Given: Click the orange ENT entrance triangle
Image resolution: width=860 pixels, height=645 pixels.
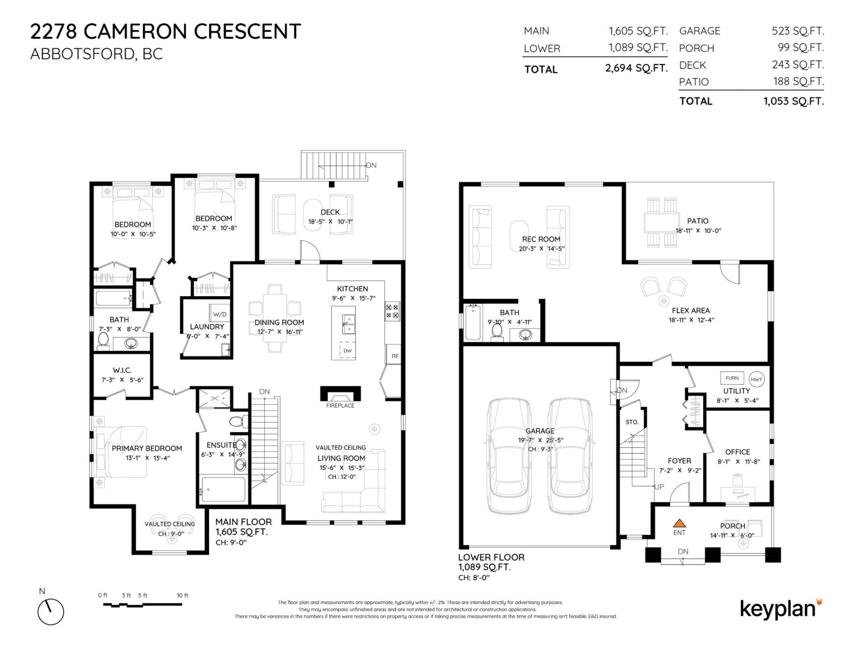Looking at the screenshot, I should click(679, 522).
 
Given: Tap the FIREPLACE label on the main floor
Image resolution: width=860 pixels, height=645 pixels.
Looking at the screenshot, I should click(340, 405).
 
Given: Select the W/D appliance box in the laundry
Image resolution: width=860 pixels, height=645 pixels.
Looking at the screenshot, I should click(219, 314).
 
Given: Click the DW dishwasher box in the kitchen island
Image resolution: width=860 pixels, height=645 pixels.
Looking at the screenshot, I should click(347, 350).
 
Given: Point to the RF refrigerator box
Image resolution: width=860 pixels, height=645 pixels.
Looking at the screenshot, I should click(395, 356).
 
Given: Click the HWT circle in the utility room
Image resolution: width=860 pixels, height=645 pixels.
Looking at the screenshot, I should click(756, 379).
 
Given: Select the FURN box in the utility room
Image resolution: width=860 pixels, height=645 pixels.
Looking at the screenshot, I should click(732, 378).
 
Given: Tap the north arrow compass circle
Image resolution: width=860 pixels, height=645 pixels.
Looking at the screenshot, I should click(51, 612).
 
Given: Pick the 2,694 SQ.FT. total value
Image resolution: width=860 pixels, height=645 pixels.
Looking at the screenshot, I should click(636, 68).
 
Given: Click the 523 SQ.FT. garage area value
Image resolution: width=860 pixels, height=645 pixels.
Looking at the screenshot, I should click(798, 31).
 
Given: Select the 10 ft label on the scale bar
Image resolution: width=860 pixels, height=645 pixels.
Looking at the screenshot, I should click(182, 595).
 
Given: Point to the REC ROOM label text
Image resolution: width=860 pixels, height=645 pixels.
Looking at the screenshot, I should click(541, 239).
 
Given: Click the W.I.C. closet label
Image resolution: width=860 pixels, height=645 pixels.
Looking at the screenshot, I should click(122, 370).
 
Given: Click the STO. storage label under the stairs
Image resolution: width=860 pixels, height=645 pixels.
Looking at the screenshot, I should click(632, 422).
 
